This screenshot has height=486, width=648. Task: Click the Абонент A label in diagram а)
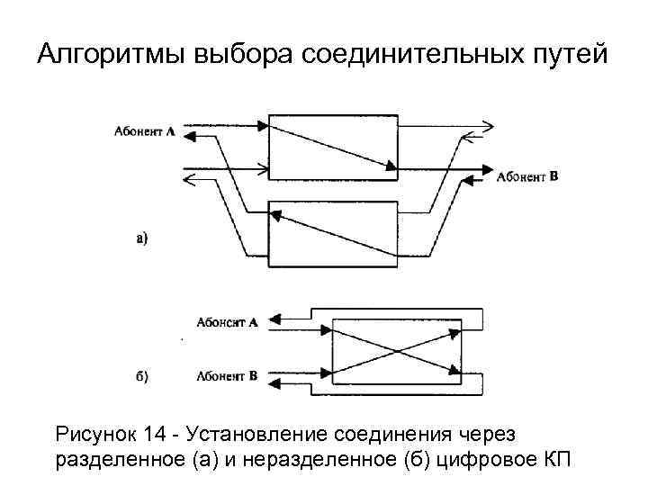(x=145, y=131)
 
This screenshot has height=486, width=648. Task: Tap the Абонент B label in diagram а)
(x=528, y=177)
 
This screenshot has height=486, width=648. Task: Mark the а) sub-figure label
(x=141, y=238)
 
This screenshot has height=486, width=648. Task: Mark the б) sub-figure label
(x=141, y=375)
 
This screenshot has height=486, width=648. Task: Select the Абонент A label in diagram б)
(x=227, y=321)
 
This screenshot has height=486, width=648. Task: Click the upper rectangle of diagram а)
(x=333, y=146)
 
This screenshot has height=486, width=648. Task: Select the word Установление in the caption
(x=257, y=436)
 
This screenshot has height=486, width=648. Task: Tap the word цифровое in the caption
(x=485, y=461)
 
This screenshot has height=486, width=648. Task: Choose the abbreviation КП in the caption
(x=555, y=461)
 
